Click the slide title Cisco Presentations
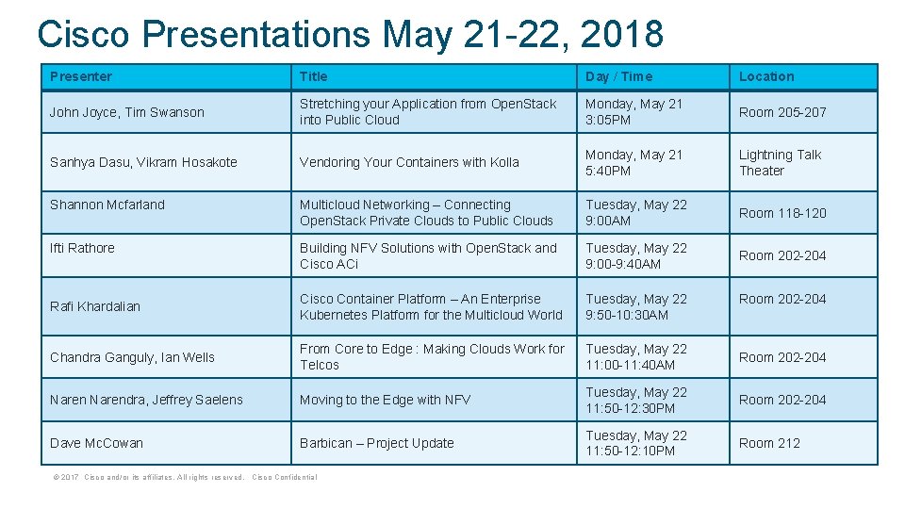(350, 34)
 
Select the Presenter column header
(81, 76)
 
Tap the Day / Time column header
(618, 76)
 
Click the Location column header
(766, 76)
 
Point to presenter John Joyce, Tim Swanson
(127, 112)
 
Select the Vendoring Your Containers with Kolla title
(409, 162)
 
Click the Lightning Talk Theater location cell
(780, 162)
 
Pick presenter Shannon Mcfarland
(107, 205)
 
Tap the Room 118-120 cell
(782, 213)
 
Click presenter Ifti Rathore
(82, 248)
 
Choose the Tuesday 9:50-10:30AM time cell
(636, 306)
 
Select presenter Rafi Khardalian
(95, 306)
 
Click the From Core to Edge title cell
(432, 356)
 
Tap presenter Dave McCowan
(97, 443)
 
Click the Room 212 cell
(769, 443)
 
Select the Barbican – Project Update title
(377, 443)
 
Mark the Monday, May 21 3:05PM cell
(633, 111)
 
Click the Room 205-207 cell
(782, 112)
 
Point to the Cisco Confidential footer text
(285, 477)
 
